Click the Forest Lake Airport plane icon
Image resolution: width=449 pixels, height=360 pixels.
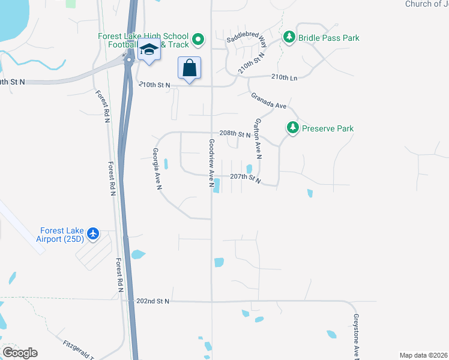click(93, 233)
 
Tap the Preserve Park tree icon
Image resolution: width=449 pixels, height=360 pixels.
click(292, 128)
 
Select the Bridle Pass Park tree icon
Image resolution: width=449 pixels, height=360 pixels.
click(289, 38)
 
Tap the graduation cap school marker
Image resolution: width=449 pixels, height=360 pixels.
click(149, 52)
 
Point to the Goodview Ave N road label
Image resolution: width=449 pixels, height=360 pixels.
click(212, 163)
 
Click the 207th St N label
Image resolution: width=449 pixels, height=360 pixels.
click(246, 178)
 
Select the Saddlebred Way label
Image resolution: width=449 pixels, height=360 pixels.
click(247, 41)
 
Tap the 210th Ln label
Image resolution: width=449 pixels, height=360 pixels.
click(284, 77)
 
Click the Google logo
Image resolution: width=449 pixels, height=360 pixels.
click(20, 353)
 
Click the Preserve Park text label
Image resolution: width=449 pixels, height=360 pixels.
click(328, 128)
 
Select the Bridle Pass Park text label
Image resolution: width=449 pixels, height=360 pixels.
click(330, 38)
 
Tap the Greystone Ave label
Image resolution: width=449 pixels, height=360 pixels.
click(356, 336)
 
